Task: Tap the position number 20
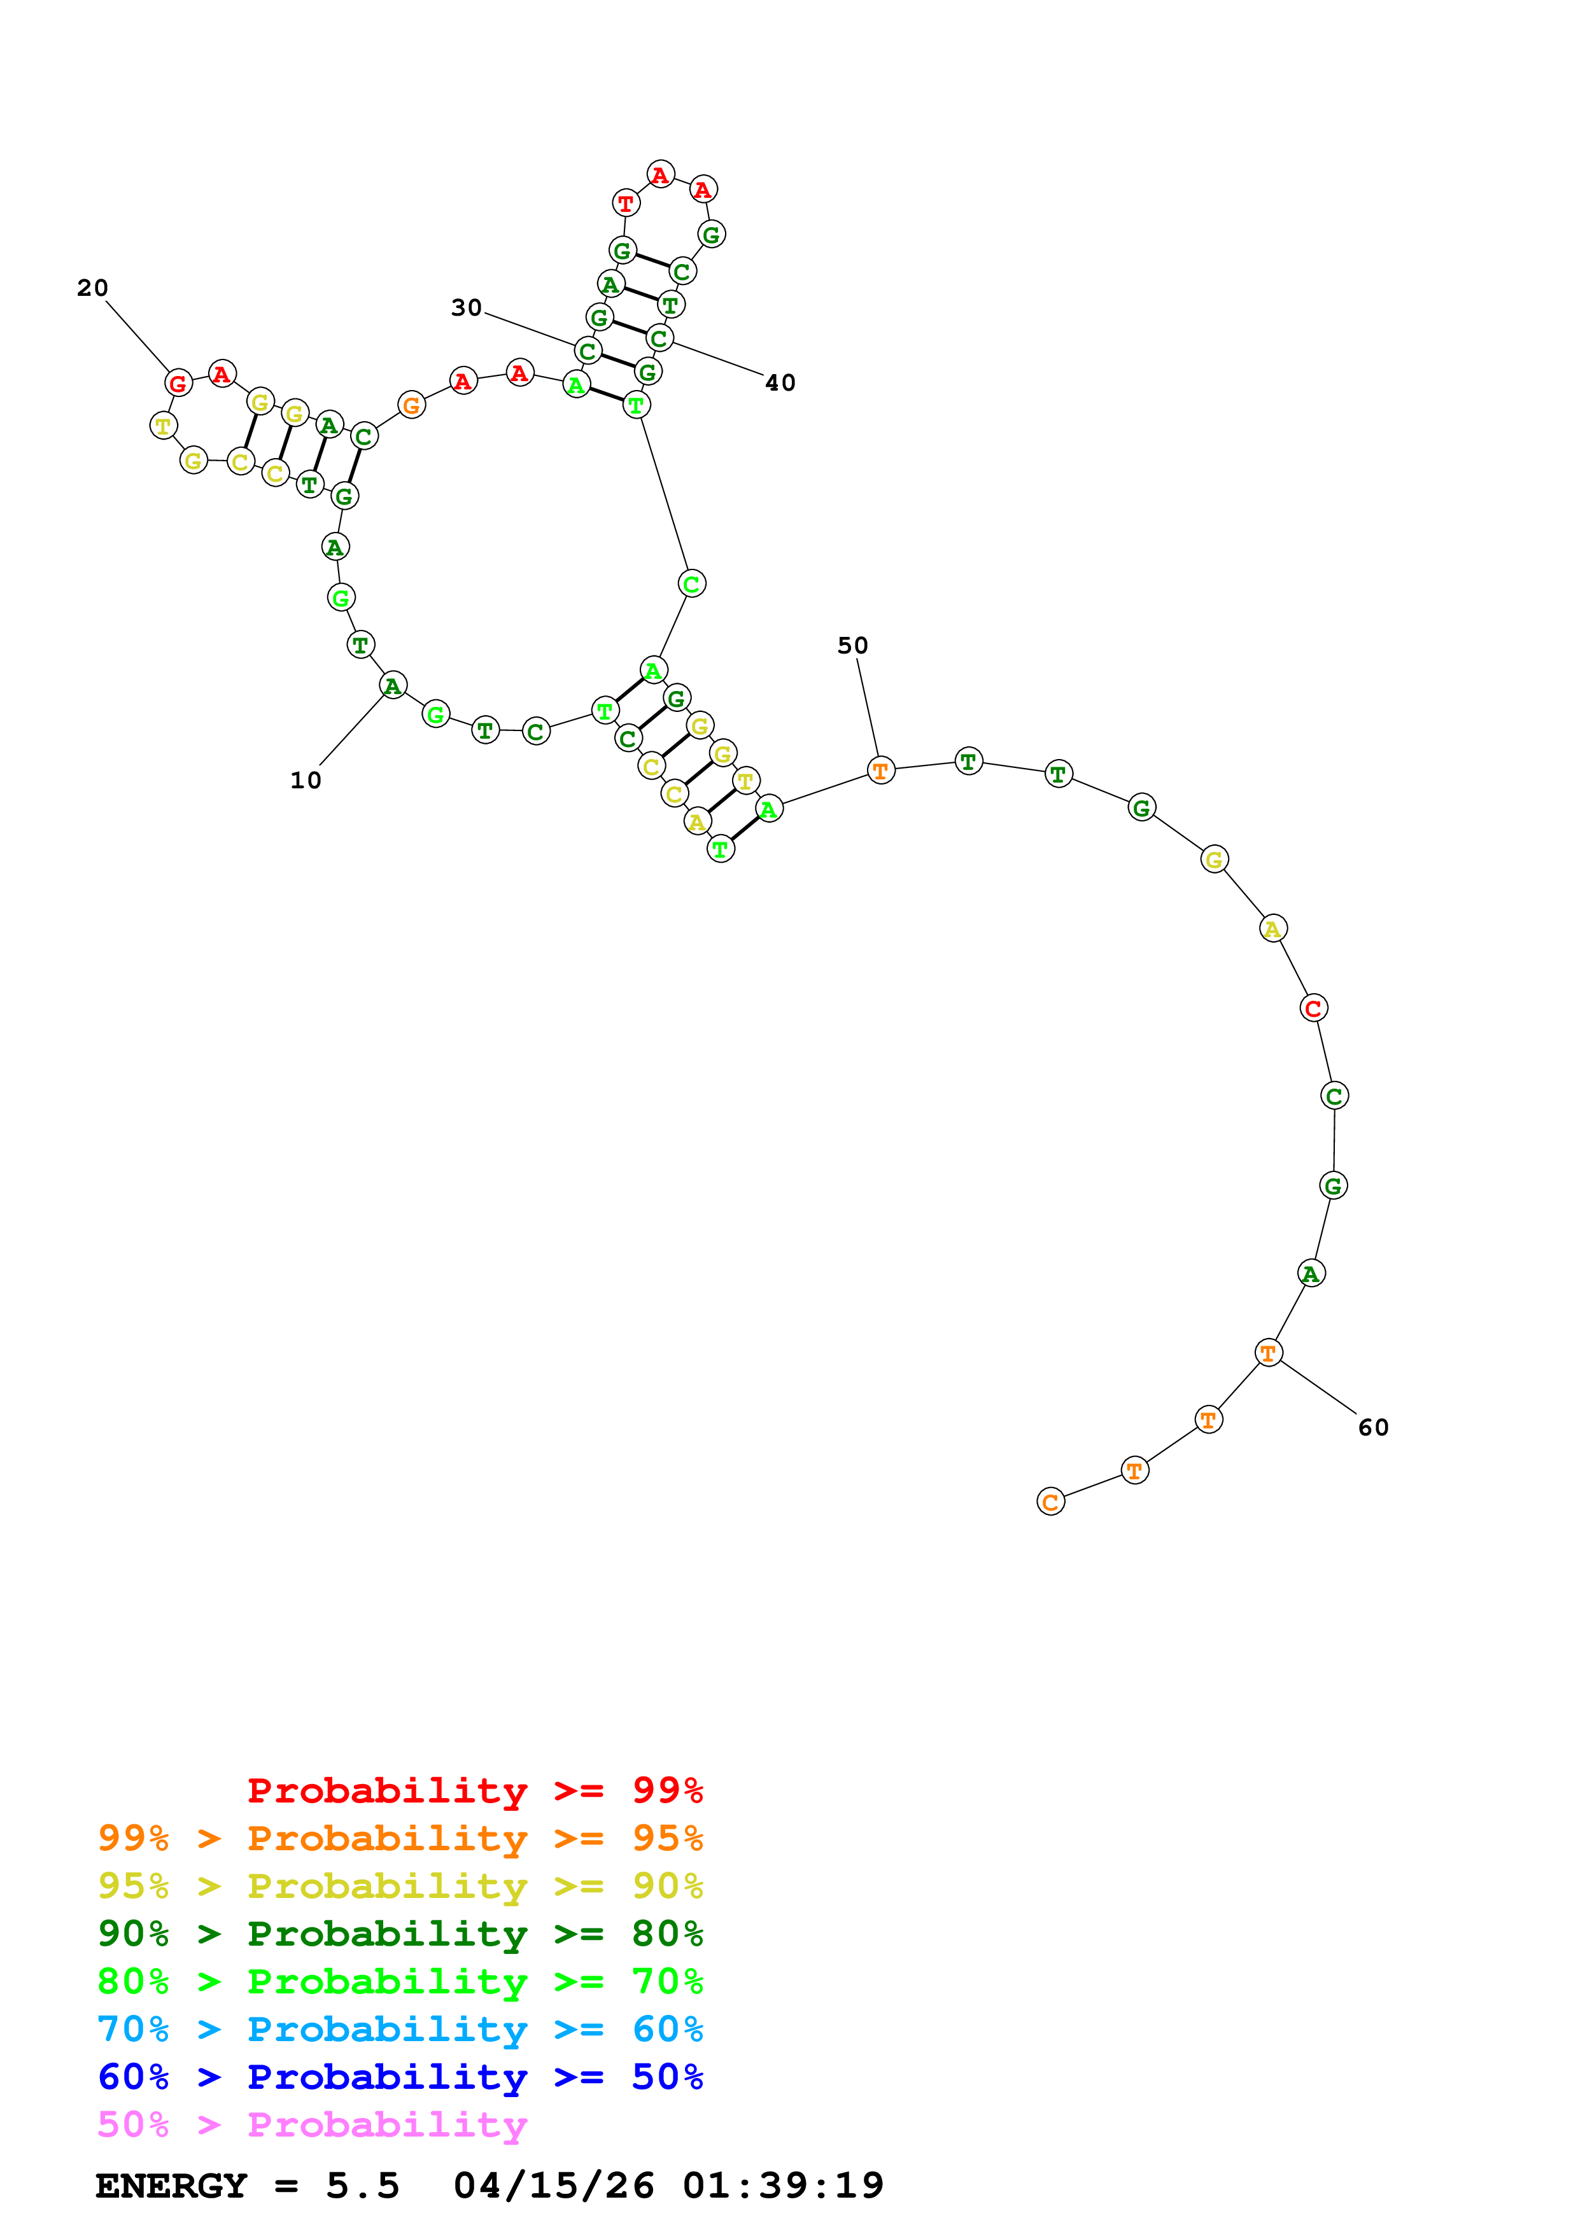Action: pos(92,288)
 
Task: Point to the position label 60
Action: pos(1373,1427)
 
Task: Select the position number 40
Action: pos(780,383)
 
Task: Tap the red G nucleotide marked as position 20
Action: pos(178,383)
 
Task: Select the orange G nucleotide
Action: pos(411,405)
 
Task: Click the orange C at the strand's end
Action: pos(1050,1502)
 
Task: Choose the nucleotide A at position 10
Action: pos(392,685)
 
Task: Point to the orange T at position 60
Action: pos(1268,1352)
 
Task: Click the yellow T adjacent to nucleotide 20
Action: pos(164,425)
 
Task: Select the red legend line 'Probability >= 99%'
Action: pos(474,1790)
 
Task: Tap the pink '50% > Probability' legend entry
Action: pos(312,2124)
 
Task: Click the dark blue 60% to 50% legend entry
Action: pos(400,2077)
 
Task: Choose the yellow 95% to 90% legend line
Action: pos(400,1886)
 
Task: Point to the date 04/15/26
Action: pos(553,2186)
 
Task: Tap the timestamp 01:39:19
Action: pos(783,2186)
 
